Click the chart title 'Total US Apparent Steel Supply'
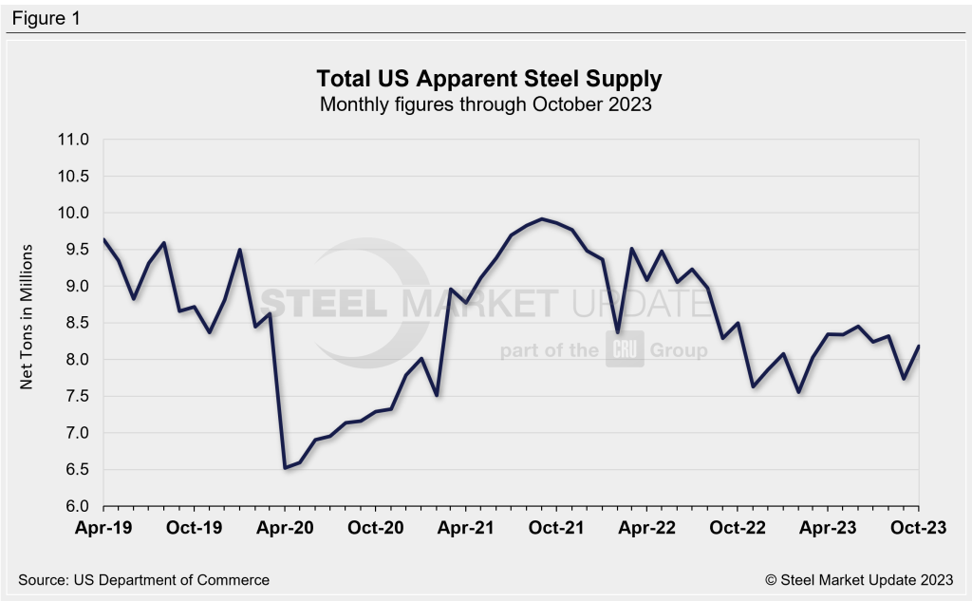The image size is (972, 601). (485, 76)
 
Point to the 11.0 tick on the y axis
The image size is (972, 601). (74, 140)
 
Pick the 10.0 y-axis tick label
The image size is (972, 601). (74, 213)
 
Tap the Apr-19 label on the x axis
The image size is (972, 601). (103, 529)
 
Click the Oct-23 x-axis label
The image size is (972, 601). (918, 529)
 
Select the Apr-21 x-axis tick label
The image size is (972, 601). (465, 529)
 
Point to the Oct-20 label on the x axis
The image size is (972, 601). (375, 529)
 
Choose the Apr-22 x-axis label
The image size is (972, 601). (646, 529)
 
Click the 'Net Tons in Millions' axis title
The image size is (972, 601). (28, 323)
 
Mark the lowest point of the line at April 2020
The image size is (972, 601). (285, 467)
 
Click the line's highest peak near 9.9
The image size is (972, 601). (541, 219)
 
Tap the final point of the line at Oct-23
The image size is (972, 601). (918, 347)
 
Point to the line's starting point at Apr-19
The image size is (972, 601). (103, 239)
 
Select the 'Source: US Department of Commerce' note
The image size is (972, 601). (143, 579)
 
